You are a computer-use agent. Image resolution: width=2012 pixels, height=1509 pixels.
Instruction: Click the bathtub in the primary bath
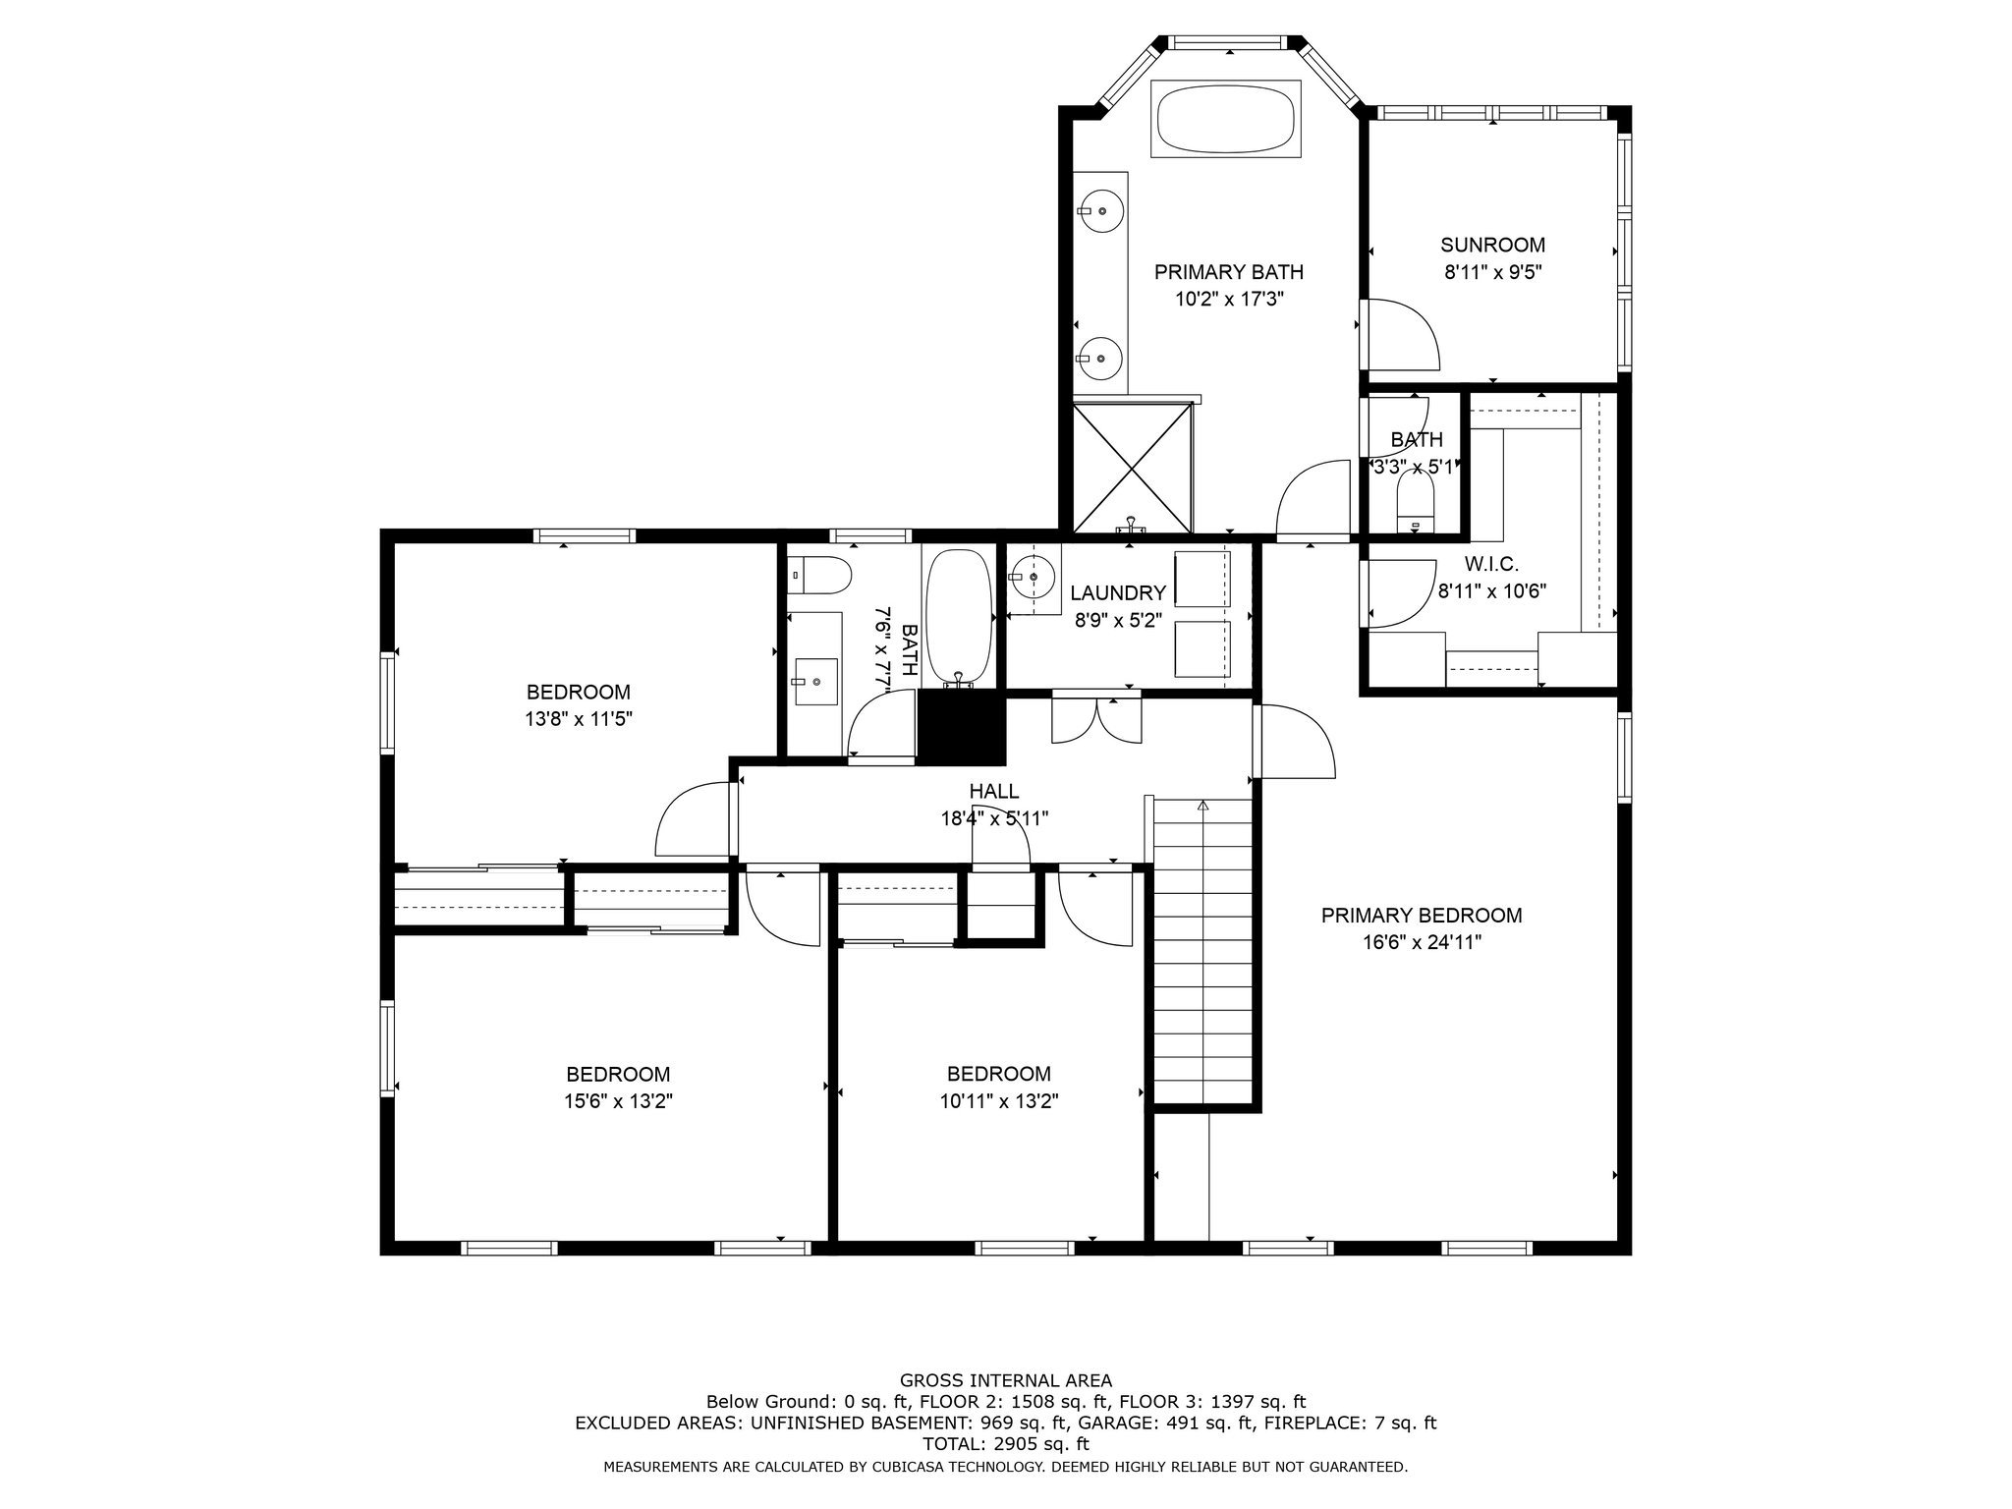[x=1226, y=118]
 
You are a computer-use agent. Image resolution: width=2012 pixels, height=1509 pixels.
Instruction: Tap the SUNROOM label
[x=1492, y=245]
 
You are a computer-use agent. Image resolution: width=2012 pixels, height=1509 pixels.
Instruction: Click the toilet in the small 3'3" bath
[x=1415, y=502]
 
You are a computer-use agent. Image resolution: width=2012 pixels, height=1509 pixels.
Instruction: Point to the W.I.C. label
[x=1491, y=564]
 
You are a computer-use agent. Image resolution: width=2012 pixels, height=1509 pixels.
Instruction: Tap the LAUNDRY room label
[x=1118, y=592]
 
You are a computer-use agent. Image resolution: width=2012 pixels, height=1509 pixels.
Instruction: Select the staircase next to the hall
[x=1203, y=952]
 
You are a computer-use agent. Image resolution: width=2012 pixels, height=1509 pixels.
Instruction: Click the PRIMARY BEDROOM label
[x=1422, y=916]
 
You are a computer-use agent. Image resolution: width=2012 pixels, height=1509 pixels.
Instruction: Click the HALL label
[x=994, y=791]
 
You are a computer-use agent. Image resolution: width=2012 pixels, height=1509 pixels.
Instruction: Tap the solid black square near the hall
[x=962, y=726]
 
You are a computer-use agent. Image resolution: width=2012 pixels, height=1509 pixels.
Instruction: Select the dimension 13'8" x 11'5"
[x=579, y=719]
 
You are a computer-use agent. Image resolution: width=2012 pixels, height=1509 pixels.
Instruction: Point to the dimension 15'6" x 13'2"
[x=618, y=1101]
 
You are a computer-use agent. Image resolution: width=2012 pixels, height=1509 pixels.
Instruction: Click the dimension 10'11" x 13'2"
[x=999, y=1101]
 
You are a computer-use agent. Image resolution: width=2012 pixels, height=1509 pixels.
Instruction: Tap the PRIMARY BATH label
[x=1229, y=271]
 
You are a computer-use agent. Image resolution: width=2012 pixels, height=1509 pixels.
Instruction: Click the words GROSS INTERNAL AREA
[x=1006, y=1380]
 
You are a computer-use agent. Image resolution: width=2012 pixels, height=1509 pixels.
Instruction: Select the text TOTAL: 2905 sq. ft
[x=1006, y=1444]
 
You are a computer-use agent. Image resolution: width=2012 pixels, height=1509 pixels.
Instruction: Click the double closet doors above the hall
[x=1096, y=719]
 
